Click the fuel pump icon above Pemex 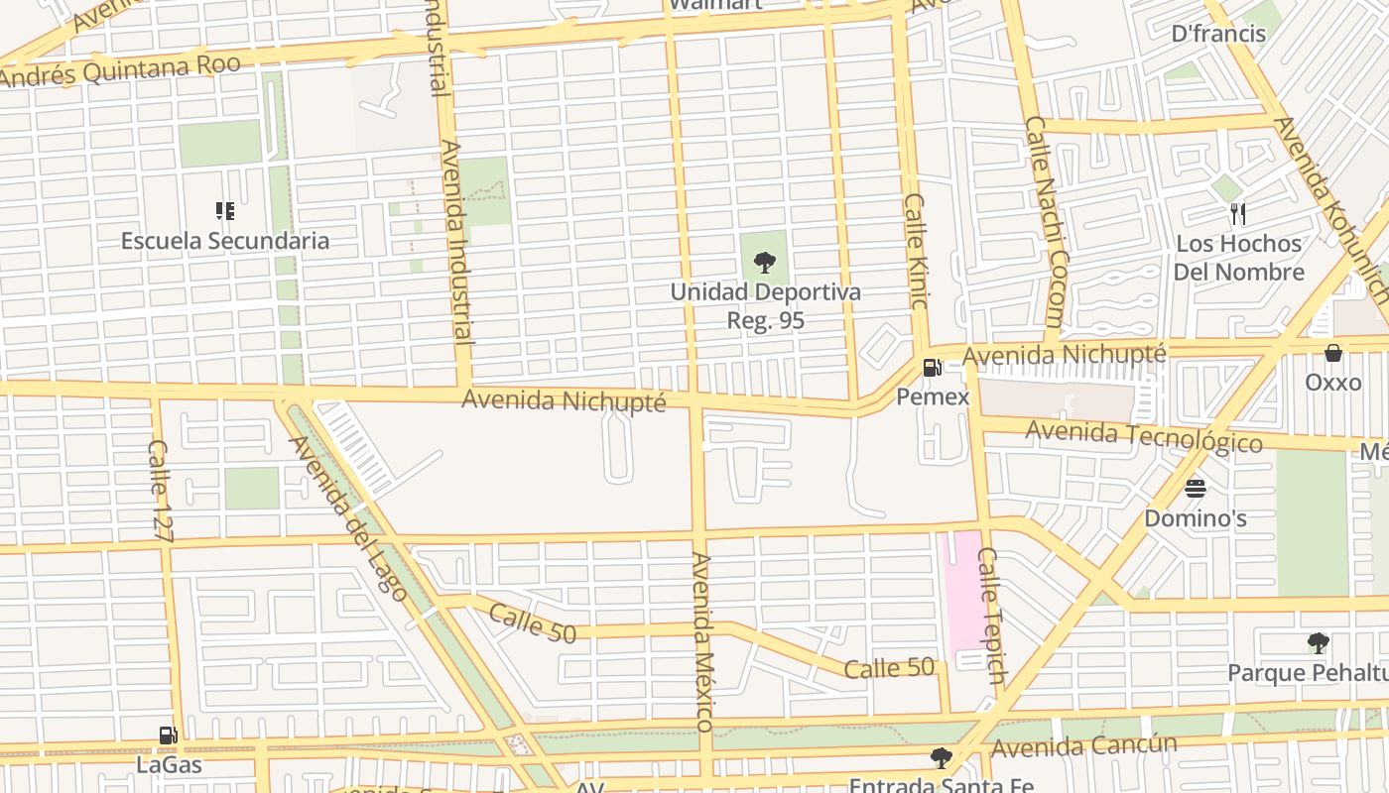click(x=932, y=368)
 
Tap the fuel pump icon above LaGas click(x=169, y=736)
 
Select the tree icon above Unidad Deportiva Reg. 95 click(x=764, y=263)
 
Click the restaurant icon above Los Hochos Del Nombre click(x=1237, y=213)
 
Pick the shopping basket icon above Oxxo click(x=1333, y=353)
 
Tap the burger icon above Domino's click(x=1195, y=489)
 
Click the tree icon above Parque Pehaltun click(x=1318, y=643)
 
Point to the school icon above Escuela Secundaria click(x=225, y=211)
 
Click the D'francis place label click(x=1218, y=34)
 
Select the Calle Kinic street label click(x=915, y=250)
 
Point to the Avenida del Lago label click(x=347, y=517)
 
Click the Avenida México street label click(x=702, y=641)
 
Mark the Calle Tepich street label click(x=991, y=615)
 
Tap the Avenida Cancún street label click(x=1083, y=745)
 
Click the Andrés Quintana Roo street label click(x=121, y=71)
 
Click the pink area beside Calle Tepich click(x=958, y=595)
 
